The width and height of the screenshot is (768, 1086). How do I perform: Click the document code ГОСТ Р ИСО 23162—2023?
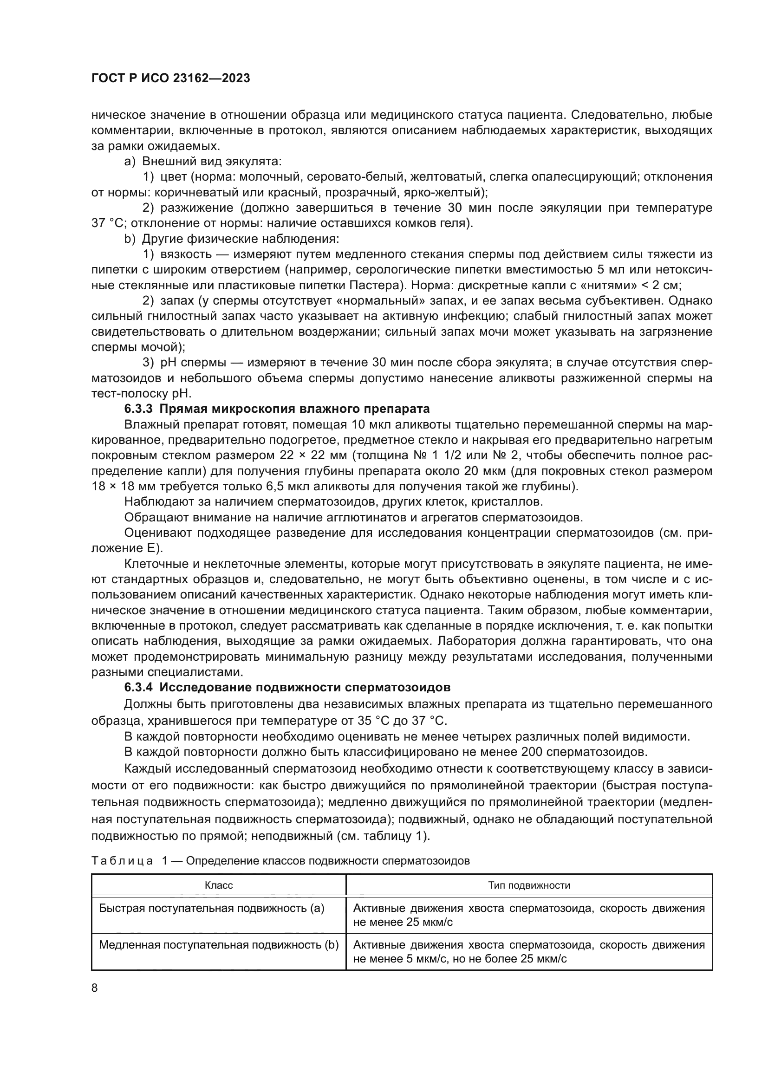[170, 78]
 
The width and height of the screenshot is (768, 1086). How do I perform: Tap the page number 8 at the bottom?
[95, 988]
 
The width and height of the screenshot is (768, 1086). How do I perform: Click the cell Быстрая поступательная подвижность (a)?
[211, 908]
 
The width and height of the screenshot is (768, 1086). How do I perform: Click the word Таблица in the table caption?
[122, 861]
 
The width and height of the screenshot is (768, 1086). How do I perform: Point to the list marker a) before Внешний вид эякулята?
[130, 161]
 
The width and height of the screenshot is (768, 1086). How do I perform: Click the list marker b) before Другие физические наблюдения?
[130, 239]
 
